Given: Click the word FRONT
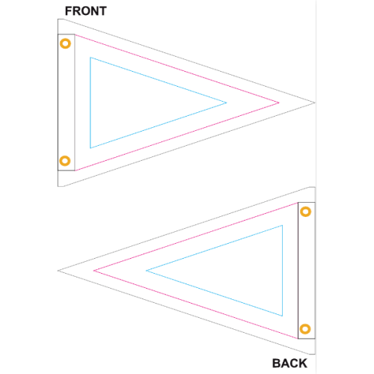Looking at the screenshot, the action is tap(86, 11).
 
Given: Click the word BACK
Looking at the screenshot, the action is tap(289, 364).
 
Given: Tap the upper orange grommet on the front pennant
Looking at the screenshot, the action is tap(65, 43).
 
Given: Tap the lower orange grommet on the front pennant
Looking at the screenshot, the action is tap(65, 161).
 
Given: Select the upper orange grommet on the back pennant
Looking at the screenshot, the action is tap(305, 212).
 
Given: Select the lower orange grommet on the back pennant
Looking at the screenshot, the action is tap(305, 329).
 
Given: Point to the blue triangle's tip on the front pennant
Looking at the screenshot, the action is tap(227, 102).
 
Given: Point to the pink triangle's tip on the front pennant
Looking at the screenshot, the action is tap(279, 102).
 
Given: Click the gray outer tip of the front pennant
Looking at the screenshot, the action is tap(315, 102).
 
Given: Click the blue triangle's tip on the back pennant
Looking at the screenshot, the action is tap(146, 271).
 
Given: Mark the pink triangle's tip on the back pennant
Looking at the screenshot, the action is tap(93, 271).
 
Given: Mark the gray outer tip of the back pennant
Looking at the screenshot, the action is tap(58, 271).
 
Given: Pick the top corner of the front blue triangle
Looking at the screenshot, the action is tap(91, 58).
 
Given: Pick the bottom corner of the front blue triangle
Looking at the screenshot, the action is tap(91, 148).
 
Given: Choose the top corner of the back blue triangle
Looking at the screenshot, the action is tap(282, 225).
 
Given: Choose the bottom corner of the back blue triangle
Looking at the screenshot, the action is tap(282, 316).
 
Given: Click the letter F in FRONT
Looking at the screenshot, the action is tap(68, 11).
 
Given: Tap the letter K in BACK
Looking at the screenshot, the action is tap(303, 364).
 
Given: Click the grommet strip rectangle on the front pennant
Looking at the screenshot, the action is tap(58, 102).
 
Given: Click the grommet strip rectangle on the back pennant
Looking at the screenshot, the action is tap(298, 271).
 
